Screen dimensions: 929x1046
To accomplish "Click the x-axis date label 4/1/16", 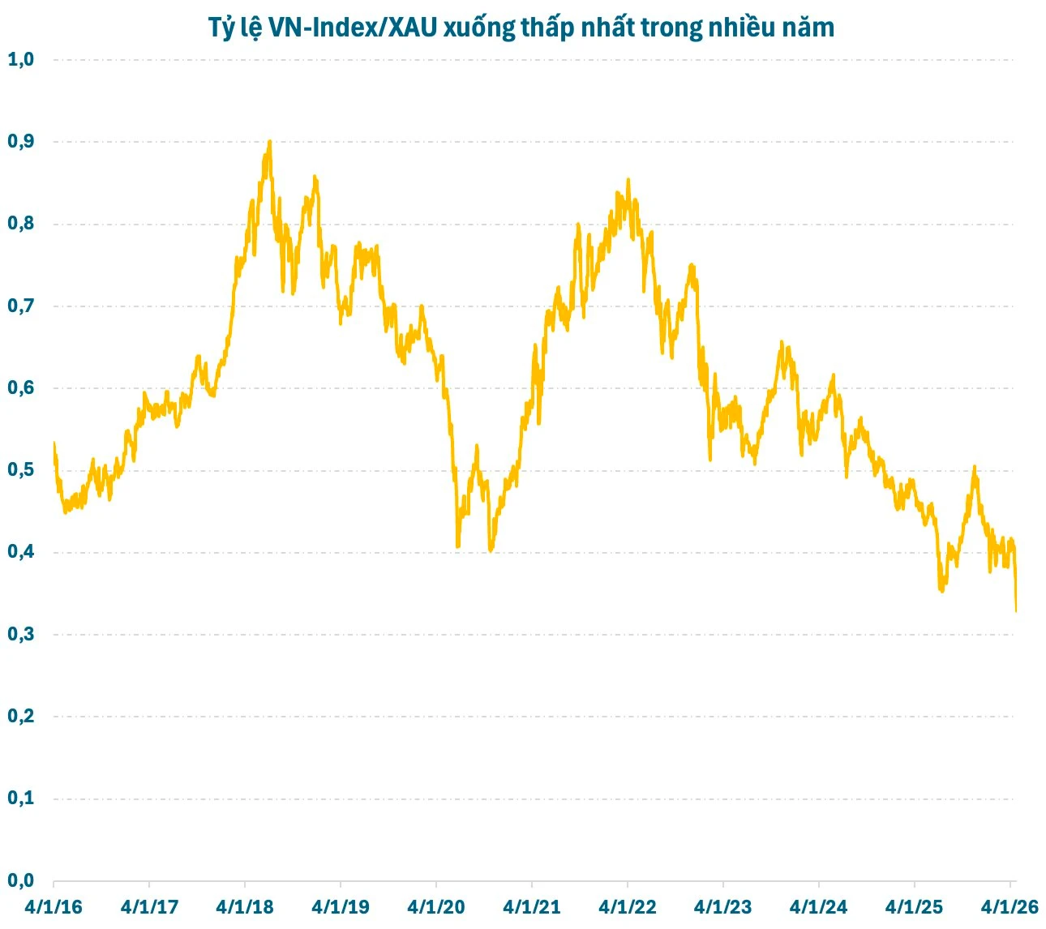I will (54, 907).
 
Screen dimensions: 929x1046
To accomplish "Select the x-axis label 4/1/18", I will (245, 907).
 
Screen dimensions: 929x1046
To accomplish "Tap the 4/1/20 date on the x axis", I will (436, 907).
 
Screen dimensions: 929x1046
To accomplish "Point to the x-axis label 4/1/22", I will (628, 907).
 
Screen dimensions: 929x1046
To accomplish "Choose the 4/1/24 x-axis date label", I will (818, 907).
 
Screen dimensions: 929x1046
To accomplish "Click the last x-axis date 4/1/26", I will (1010, 907).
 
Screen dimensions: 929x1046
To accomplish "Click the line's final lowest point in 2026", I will (1016, 611).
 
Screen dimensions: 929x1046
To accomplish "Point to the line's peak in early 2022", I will (628, 180).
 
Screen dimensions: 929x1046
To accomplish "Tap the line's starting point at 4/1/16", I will (54, 443).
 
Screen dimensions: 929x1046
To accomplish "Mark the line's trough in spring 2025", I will (941, 591).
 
